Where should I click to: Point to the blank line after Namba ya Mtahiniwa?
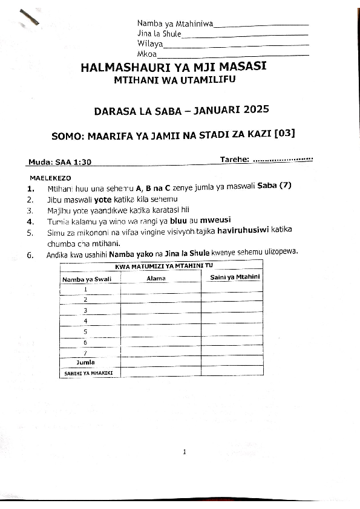pyautogui.click(x=261, y=25)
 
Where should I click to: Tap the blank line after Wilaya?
pyautogui.click(x=237, y=45)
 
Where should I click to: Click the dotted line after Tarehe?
pyautogui.click(x=282, y=160)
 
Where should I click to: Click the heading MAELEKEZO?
pyautogui.click(x=50, y=178)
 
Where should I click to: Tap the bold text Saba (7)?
pyautogui.click(x=274, y=186)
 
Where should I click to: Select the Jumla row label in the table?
pyautogui.click(x=85, y=361)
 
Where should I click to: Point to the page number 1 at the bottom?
pyautogui.click(x=185, y=451)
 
